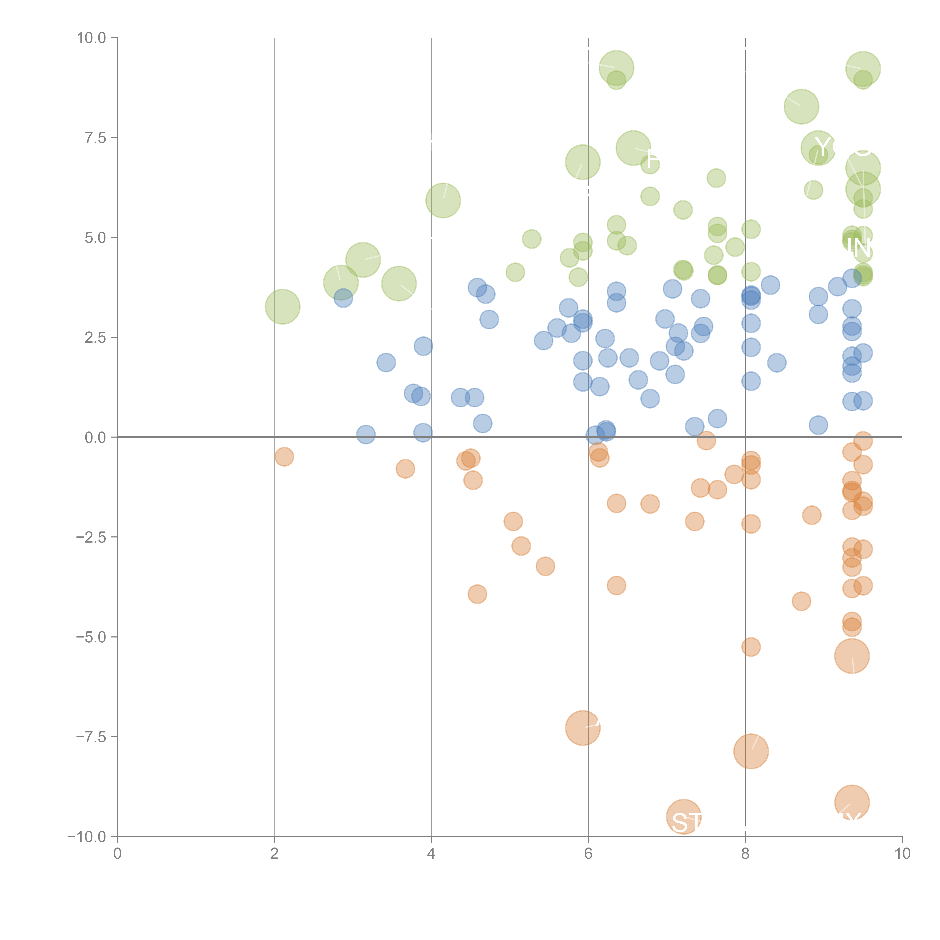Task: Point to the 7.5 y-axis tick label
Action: pyautogui.click(x=95, y=138)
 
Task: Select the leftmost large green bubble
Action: pyautogui.click(x=282, y=306)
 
